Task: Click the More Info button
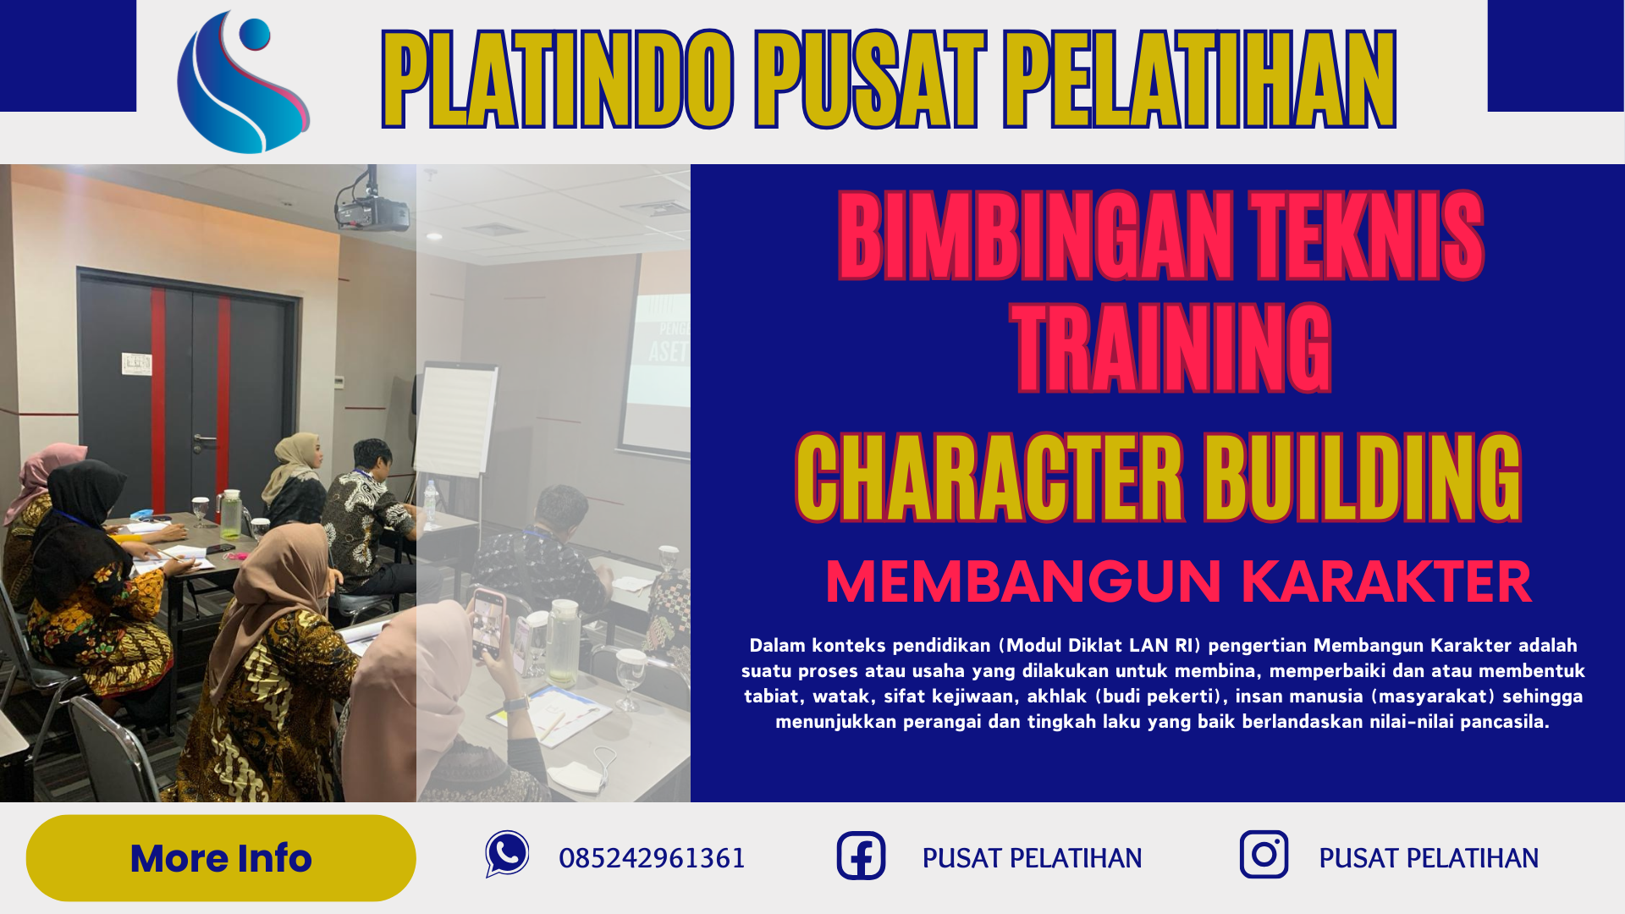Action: (221, 858)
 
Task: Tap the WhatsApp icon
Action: (507, 854)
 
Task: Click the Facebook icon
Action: (861, 856)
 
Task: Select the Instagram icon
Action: (1264, 855)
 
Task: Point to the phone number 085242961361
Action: (652, 858)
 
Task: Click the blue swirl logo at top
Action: (243, 82)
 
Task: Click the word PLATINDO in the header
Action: (558, 79)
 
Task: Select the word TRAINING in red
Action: (1171, 349)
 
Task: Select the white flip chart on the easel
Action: (455, 419)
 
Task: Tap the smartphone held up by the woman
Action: (487, 622)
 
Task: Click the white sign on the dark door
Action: (136, 364)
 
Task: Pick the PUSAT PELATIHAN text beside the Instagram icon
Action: (1429, 858)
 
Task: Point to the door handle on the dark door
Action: (203, 440)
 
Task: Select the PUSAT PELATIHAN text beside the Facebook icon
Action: (1032, 858)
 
